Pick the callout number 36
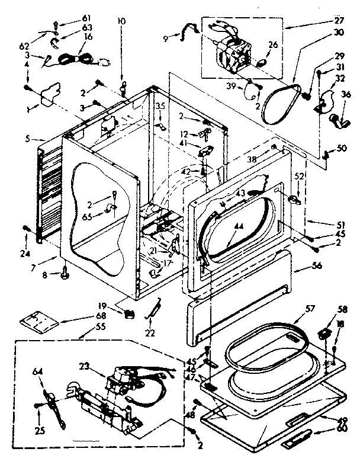(346, 92)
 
